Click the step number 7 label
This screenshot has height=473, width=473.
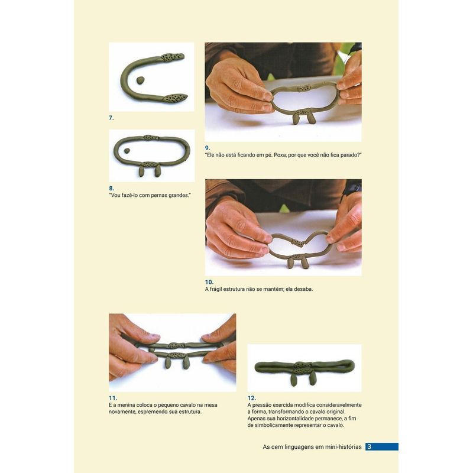tap(111, 118)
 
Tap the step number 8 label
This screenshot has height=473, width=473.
tap(111, 188)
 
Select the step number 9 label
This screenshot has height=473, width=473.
tap(208, 148)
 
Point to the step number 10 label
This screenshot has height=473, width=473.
tap(209, 282)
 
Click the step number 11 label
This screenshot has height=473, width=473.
tap(113, 398)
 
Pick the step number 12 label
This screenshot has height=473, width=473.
tap(252, 398)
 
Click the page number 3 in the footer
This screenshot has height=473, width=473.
tap(370, 446)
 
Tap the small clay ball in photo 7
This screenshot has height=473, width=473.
tap(140, 80)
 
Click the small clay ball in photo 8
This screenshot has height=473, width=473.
tap(127, 151)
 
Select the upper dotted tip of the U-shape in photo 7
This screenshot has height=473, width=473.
tap(172, 57)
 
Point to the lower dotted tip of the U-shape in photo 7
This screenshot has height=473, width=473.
tap(175, 98)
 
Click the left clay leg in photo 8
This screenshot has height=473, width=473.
tap(141, 171)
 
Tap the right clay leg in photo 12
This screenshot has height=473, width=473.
tap(313, 379)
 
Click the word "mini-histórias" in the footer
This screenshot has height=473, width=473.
tap(344, 447)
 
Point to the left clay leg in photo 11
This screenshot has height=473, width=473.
tap(168, 363)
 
